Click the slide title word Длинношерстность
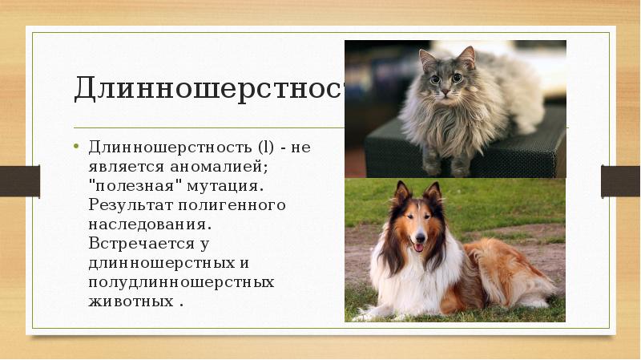click(x=208, y=88)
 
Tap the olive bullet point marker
click(x=77, y=148)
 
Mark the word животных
click(x=128, y=301)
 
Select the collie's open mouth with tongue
click(x=418, y=247)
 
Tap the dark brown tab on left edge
click(x=19, y=180)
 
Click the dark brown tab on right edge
click(x=621, y=180)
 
